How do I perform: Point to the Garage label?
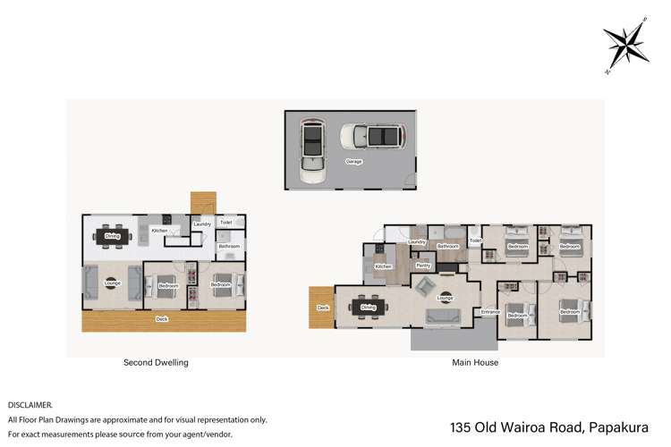pyautogui.click(x=354, y=162)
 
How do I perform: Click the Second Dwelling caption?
pyautogui.click(x=156, y=363)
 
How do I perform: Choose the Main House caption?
pyautogui.click(x=475, y=363)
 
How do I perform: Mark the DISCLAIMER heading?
pyautogui.click(x=31, y=405)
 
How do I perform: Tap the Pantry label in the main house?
pyautogui.click(x=424, y=266)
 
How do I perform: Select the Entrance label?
pyautogui.click(x=490, y=312)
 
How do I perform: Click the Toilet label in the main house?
pyautogui.click(x=475, y=240)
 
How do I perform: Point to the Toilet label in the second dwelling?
pyautogui.click(x=226, y=223)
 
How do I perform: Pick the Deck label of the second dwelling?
pyautogui.click(x=162, y=318)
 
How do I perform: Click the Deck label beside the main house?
pyautogui.click(x=323, y=308)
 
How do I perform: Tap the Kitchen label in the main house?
pyautogui.click(x=383, y=266)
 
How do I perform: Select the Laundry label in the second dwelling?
pyautogui.click(x=202, y=224)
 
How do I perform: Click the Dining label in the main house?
pyautogui.click(x=369, y=308)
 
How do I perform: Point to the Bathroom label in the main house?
pyautogui.click(x=446, y=245)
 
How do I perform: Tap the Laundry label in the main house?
pyautogui.click(x=416, y=242)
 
